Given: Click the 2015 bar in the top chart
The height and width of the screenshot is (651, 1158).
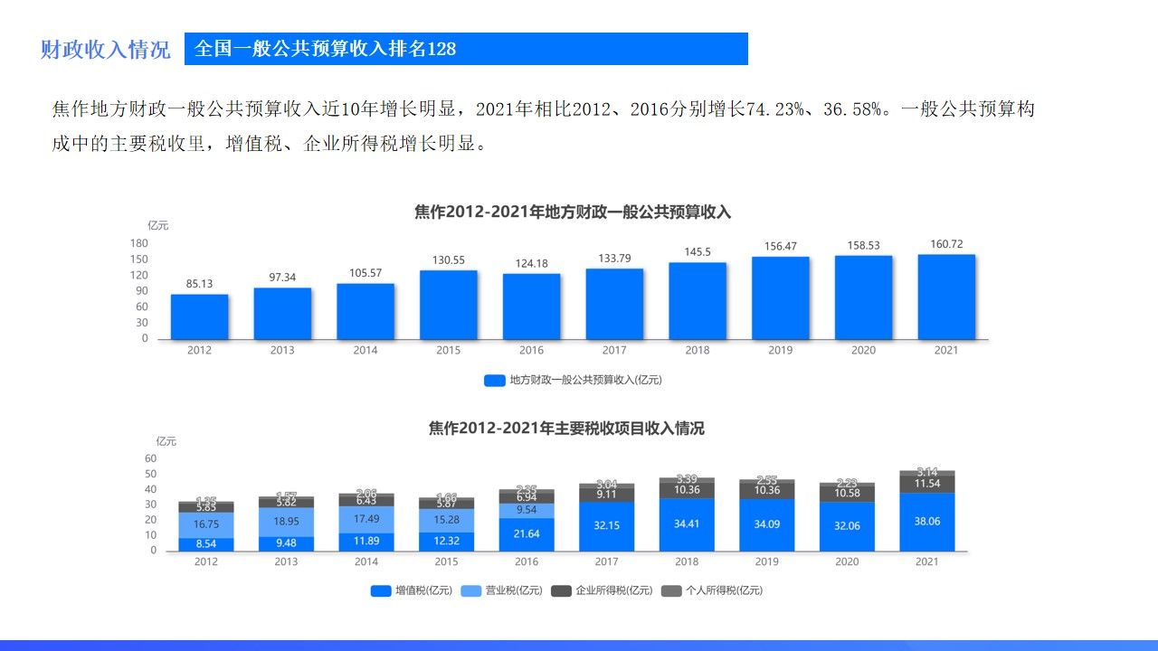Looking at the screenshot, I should coord(448,305).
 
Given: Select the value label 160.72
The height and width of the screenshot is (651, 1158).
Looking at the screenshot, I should coord(946,244).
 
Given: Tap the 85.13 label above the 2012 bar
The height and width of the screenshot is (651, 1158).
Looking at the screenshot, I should coord(199,284).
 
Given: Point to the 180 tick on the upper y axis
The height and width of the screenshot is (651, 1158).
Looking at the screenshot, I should coord(139,243).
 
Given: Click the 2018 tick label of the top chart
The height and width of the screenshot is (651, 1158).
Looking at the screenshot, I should coord(697,351).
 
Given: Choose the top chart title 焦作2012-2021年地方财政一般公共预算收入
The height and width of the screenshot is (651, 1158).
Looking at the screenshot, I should coord(572,212).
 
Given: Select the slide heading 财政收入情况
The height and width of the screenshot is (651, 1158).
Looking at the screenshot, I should coord(105,50).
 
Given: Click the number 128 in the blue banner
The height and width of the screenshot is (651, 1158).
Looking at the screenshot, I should coord(441,49).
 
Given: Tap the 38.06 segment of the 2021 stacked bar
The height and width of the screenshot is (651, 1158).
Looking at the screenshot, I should coord(926,522).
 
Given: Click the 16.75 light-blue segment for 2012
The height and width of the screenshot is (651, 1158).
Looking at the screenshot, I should coord(206,524).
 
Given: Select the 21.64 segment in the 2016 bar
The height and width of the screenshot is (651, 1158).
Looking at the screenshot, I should coord(526,534).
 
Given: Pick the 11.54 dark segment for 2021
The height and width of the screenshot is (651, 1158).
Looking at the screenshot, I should coord(927,485).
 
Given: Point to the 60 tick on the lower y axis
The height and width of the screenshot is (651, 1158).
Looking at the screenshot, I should coord(151,458).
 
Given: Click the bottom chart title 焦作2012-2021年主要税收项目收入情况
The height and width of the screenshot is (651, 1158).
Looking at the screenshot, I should coord(566,429).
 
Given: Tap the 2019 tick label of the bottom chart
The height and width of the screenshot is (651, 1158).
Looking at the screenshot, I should coord(766,562).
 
